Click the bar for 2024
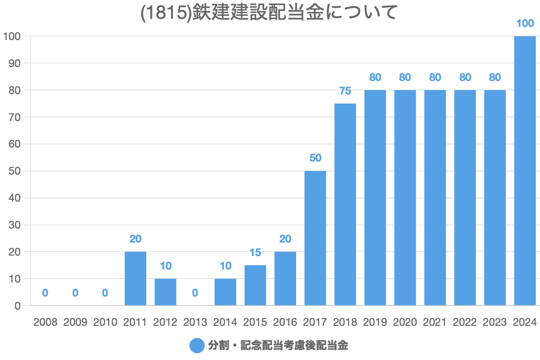[x=525, y=171]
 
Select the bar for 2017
[x=315, y=238]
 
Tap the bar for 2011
[x=135, y=279]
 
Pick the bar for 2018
[x=345, y=205]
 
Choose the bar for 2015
[x=255, y=285]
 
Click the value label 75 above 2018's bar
[x=345, y=91]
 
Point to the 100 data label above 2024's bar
[x=525, y=23]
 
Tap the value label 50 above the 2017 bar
[x=315, y=158]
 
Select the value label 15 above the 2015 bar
[x=255, y=252]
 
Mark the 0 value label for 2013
[x=195, y=293]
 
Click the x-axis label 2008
[x=45, y=322]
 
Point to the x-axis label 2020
[x=405, y=322]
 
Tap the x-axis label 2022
[x=465, y=322]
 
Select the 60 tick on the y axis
[x=15, y=144]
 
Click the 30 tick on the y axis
[x=15, y=225]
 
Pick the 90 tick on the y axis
[x=15, y=63]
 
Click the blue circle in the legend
[x=197, y=346]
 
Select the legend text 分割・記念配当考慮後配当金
[x=278, y=346]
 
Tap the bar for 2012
[x=165, y=292]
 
